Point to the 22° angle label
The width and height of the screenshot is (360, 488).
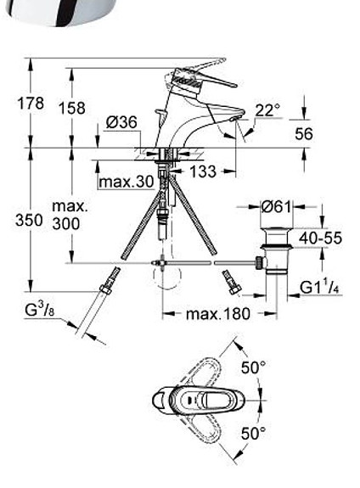pyautogui.click(x=267, y=109)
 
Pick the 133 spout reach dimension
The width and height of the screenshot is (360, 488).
pyautogui.click(x=201, y=171)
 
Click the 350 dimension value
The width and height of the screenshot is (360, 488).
pyautogui.click(x=29, y=220)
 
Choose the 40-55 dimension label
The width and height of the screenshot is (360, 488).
pyautogui.click(x=320, y=238)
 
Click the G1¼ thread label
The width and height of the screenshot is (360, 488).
pyautogui.click(x=320, y=288)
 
